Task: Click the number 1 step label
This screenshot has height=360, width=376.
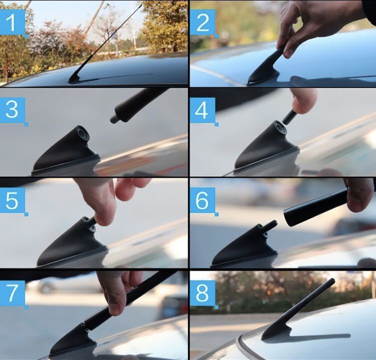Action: [x=12, y=23]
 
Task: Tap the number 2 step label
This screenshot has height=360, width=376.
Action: [x=203, y=23]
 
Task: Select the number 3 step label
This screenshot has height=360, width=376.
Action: [x=12, y=110]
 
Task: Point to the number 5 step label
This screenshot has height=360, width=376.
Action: [x=12, y=200]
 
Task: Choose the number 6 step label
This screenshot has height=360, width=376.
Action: [x=203, y=201]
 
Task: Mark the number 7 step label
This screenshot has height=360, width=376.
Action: [x=12, y=293]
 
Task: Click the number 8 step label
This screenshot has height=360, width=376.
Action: [x=203, y=293]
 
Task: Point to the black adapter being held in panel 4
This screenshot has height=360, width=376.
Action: [x=288, y=116]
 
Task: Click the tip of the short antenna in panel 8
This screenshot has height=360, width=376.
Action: [x=332, y=280]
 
